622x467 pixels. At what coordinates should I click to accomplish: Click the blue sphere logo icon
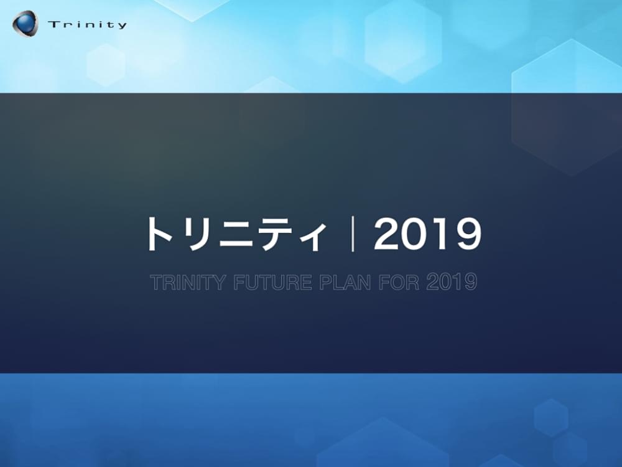coord(25,23)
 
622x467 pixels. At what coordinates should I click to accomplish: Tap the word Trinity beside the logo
coord(87,25)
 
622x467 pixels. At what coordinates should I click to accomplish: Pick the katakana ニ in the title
coord(235,235)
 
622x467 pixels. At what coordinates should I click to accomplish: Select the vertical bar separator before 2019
coord(352,235)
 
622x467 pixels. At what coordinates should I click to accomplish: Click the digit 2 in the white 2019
coord(388,235)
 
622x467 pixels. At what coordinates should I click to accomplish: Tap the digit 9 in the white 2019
coord(467,235)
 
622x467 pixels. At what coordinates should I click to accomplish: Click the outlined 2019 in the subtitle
coord(452,283)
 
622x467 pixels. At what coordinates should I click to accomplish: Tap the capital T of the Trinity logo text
coord(52,25)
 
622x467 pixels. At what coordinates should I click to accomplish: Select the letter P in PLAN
coord(325,283)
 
